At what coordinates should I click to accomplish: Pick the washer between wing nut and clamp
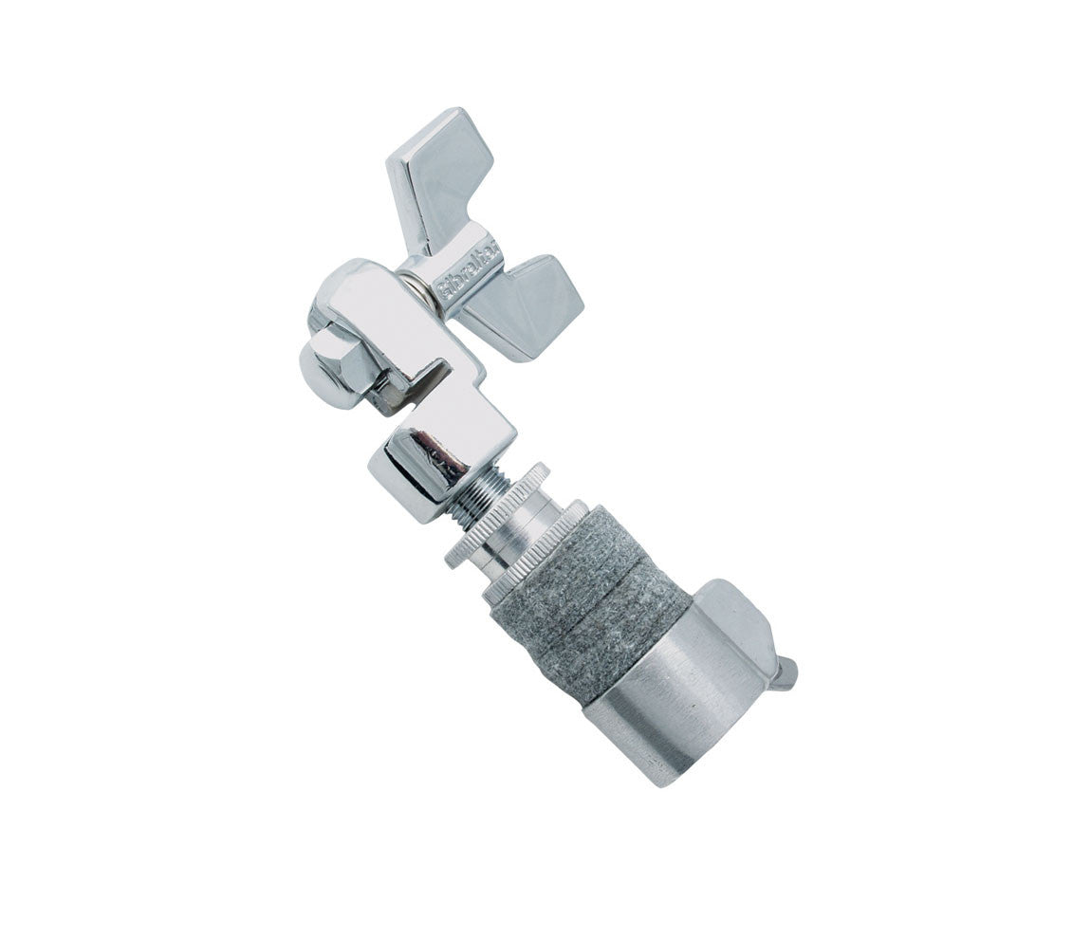coord(417,284)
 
